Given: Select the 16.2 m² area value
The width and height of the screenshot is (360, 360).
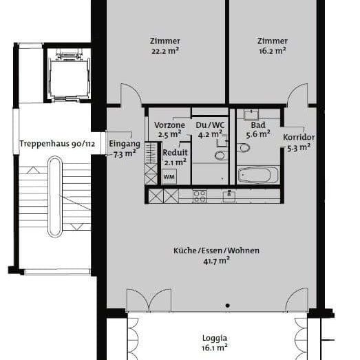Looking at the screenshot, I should coord(272,51).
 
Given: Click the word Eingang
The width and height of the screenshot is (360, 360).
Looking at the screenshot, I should coord(124,144).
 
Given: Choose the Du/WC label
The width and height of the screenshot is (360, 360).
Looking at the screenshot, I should coord(210,125).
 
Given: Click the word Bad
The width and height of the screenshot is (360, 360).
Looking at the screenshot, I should coord(258,125).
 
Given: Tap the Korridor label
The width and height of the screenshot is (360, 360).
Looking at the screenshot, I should coord(298,136).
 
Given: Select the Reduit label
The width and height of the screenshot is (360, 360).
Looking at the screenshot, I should coord(175,153).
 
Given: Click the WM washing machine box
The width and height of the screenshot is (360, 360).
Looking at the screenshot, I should coord(169,176).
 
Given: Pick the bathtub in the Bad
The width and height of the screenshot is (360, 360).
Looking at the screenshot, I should coord(258,175).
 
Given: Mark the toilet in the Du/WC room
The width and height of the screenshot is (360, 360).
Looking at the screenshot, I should coord(220,156).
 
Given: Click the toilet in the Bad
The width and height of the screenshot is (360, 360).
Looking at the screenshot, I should coord(244,149).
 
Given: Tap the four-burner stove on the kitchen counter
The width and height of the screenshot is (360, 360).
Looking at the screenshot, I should coord(199,195).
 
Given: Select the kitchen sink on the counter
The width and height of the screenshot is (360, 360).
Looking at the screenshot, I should coord(229,195).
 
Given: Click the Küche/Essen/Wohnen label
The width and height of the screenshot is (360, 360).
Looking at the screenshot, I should coord(216,251).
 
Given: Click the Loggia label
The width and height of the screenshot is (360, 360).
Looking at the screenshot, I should coord(214,338).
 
